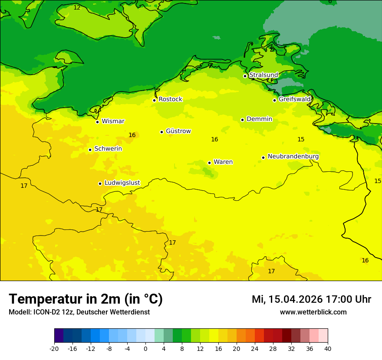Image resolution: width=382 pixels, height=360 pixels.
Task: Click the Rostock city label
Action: point(170,99)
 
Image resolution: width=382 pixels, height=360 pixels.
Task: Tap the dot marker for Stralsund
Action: point(245,76)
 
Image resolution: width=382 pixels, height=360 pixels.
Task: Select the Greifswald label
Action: point(294,99)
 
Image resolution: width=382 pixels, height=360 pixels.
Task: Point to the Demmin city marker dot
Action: point(242,120)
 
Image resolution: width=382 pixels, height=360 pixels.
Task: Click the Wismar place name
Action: point(113,121)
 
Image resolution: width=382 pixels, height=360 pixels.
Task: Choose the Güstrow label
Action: point(178,131)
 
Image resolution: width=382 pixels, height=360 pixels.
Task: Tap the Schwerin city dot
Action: point(90,150)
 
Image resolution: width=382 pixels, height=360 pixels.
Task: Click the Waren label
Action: point(223,162)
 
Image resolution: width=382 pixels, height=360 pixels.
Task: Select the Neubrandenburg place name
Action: point(293,157)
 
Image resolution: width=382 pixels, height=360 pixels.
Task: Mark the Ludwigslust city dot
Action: point(100,183)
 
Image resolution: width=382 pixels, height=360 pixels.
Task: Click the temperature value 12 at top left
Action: point(77,7)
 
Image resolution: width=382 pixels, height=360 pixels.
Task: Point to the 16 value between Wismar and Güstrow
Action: point(132,135)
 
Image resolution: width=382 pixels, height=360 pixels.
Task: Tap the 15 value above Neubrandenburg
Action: point(301,139)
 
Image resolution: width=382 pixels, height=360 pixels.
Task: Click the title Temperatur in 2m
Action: point(86,299)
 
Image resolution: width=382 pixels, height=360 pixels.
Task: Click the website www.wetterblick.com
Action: point(313,312)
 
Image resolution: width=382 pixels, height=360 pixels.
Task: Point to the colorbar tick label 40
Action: point(327,348)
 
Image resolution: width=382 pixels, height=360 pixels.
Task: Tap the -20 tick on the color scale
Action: point(54,348)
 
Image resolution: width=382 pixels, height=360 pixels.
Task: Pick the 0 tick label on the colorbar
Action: point(145,348)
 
